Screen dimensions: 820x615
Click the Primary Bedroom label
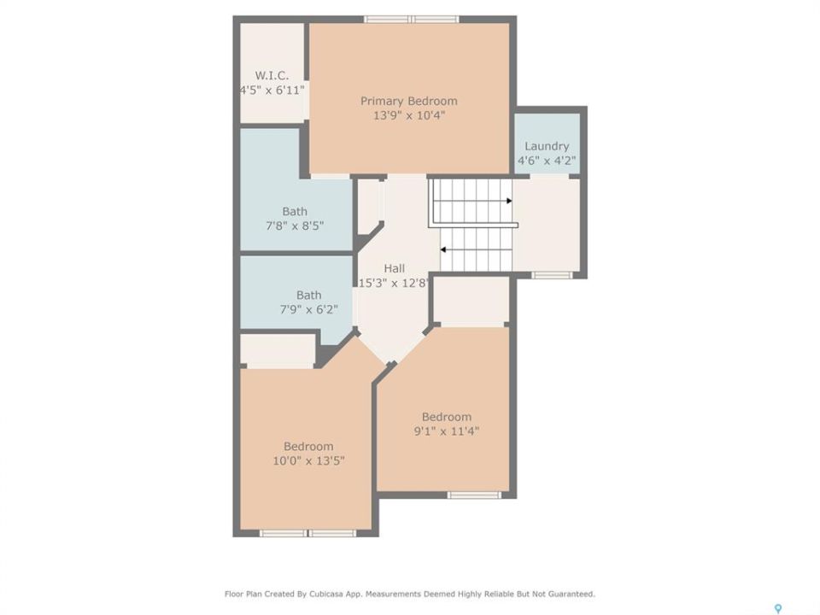coord(409,101)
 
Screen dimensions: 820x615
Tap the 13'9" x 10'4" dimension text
coord(409,115)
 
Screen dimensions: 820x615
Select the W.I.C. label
coord(272,75)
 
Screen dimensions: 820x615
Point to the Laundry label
coord(547,146)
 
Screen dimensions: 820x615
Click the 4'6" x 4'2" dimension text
coord(547,161)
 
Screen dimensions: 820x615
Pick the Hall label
coord(395,269)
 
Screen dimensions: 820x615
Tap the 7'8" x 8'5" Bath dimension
coord(295,225)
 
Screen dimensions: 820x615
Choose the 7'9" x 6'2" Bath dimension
coord(309,309)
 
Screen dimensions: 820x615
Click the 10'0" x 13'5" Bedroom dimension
coord(308,460)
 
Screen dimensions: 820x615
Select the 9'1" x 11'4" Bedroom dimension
coord(447,431)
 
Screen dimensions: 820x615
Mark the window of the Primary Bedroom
coord(412,20)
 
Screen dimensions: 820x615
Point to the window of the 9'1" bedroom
coord(474,495)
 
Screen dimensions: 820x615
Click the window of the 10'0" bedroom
coord(308,533)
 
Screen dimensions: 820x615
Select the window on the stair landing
coord(553,275)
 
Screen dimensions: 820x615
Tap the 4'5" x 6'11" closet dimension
coord(272,90)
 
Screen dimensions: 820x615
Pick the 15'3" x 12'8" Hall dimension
coord(395,284)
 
